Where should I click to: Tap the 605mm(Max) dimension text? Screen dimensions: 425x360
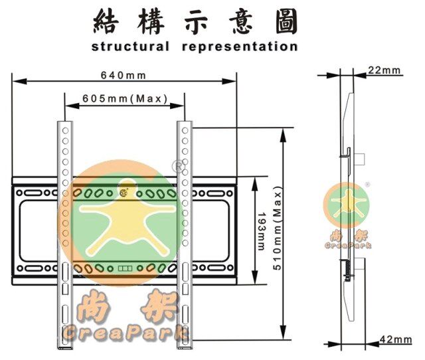point(124,98)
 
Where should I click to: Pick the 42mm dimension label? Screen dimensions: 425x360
point(395,340)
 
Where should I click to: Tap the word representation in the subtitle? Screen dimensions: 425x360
point(238,47)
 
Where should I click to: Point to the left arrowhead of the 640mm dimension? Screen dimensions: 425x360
point(15,82)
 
